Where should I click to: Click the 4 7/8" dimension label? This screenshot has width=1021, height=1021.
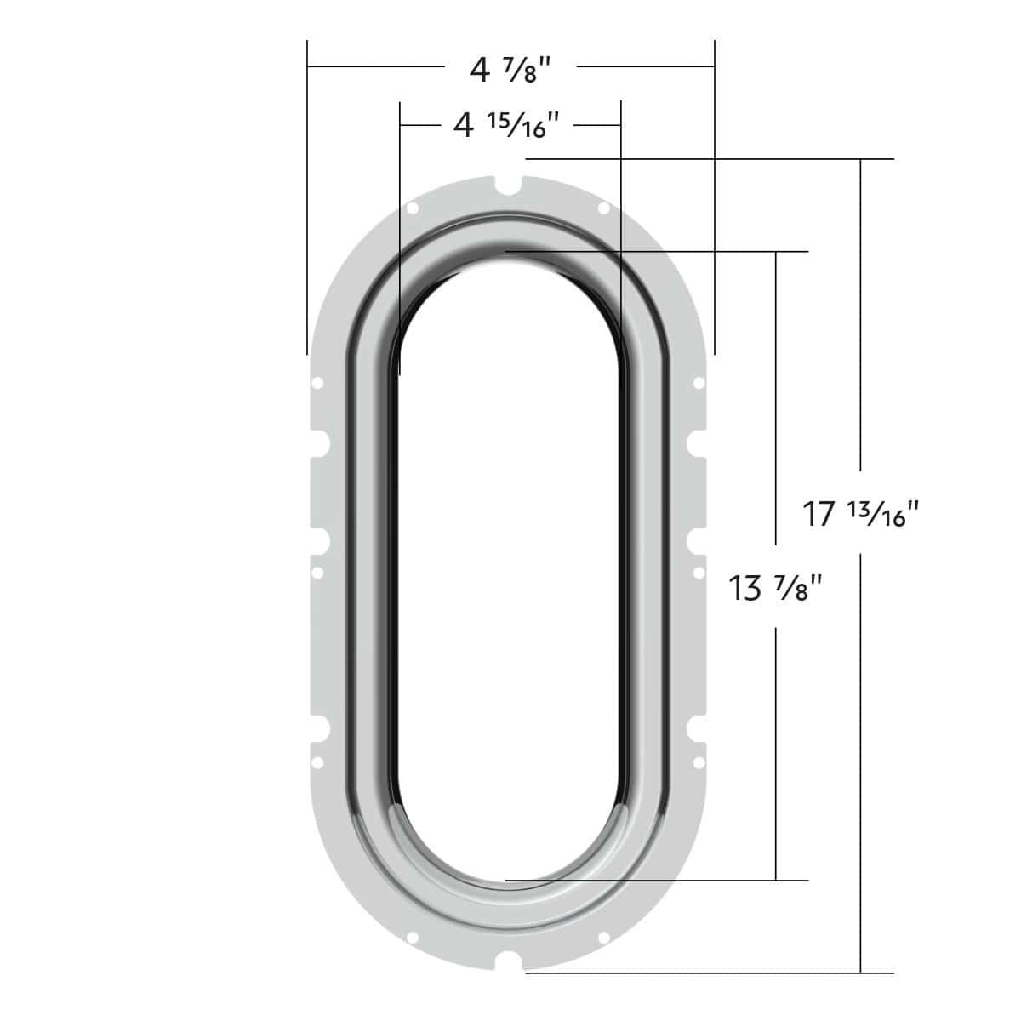pos(510,70)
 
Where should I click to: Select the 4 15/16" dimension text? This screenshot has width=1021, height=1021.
pos(506,126)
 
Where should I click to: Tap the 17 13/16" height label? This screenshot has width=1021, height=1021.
pos(860,513)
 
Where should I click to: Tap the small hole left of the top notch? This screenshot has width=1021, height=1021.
pos(412,208)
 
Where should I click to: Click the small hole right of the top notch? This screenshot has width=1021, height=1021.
pos(603,208)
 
